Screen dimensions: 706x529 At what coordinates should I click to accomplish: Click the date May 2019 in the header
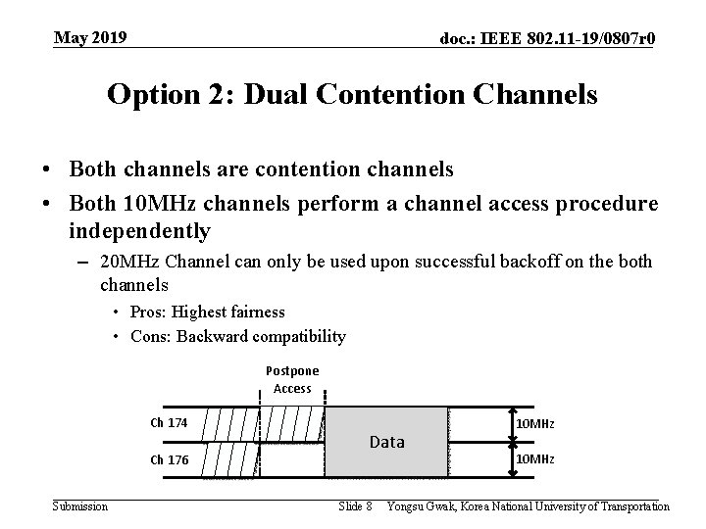click(89, 38)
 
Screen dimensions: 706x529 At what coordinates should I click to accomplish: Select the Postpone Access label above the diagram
click(292, 380)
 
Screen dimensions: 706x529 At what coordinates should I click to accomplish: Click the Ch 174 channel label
click(169, 423)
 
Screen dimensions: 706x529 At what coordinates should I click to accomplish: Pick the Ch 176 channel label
click(169, 459)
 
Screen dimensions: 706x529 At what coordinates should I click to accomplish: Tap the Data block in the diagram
click(386, 442)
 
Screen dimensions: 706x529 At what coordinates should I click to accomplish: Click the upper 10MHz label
click(535, 423)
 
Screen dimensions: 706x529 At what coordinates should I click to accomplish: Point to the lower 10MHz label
click(535, 459)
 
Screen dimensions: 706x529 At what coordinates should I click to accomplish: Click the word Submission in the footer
click(80, 506)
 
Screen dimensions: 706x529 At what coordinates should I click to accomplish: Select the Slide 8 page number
click(354, 506)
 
